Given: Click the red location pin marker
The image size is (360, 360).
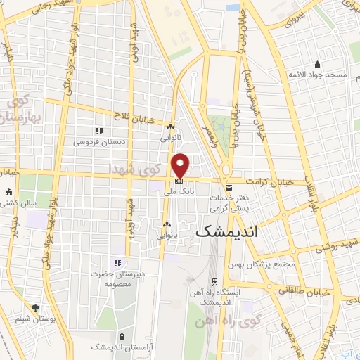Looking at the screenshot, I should pos(181,166).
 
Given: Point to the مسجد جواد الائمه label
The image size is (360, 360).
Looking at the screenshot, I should pos(316,75).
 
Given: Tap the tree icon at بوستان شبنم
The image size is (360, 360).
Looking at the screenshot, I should pos(36,308).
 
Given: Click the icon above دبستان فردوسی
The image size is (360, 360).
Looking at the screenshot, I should pos(99,131).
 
